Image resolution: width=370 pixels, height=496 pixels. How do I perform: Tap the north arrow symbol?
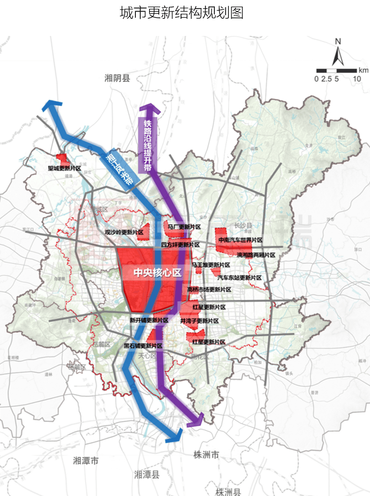pyautogui.click(x=338, y=54)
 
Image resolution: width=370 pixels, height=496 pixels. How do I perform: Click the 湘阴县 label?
pyautogui.click(x=117, y=79)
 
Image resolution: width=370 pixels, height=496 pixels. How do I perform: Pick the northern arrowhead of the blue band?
pyautogui.click(x=51, y=106)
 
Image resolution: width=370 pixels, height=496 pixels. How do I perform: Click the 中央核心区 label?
pyautogui.click(x=157, y=273)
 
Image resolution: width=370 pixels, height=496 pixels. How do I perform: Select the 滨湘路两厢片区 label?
pyautogui.click(x=256, y=255)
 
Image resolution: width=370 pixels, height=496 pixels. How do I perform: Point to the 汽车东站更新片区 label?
pyautogui.click(x=240, y=277)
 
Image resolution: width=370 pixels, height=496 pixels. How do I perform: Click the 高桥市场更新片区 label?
pyautogui.click(x=209, y=290)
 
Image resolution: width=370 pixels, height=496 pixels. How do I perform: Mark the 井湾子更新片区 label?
pyautogui.click(x=199, y=321)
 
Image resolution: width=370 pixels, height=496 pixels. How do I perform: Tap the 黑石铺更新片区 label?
pyautogui.click(x=142, y=346)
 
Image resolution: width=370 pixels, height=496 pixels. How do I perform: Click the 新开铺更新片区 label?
pyautogui.click(x=149, y=320)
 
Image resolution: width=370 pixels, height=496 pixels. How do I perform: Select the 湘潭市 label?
pyautogui.click(x=86, y=460)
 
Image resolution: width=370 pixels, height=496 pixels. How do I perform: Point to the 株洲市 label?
pyautogui.click(x=207, y=455)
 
